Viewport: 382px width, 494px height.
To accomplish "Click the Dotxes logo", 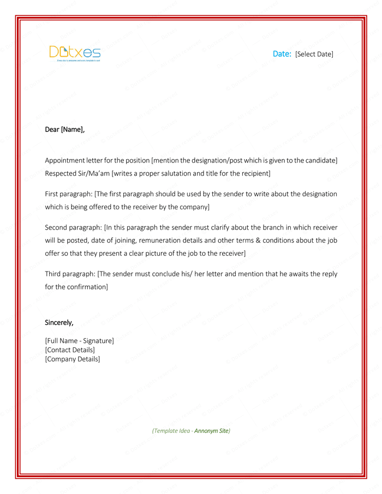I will point(75,53).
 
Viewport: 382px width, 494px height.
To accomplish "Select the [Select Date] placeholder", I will point(314,54).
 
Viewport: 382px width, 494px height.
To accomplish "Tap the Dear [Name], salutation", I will point(64,130).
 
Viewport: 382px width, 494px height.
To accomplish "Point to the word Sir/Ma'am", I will point(94,173).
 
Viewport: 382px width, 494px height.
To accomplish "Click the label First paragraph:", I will point(68,194).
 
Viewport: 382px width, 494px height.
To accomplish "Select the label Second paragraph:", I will point(73,227).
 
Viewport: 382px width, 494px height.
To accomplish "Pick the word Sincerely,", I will point(59,322).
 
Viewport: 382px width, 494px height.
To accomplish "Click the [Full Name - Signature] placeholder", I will point(79,341).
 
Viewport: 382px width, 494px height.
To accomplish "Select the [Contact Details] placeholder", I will point(70,350).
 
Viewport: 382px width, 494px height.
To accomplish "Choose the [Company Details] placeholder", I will point(72,359).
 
